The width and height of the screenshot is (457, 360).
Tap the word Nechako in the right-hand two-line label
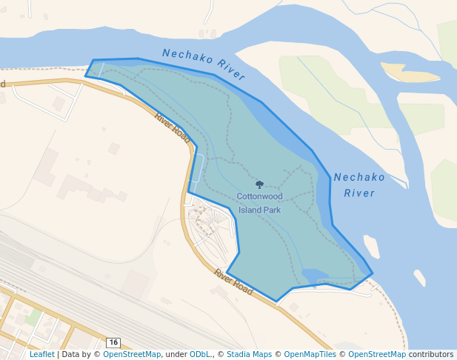(x=359, y=178)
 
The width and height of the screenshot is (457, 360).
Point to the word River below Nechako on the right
(x=359, y=193)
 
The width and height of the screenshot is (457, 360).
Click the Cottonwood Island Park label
(x=259, y=203)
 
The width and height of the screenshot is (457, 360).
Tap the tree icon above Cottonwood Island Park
(x=259, y=184)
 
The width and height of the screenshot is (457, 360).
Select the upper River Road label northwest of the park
(x=173, y=127)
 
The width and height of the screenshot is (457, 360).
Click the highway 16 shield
(x=113, y=342)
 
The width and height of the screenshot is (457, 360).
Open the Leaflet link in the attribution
(x=41, y=355)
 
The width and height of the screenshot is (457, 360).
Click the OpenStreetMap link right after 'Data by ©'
(x=132, y=355)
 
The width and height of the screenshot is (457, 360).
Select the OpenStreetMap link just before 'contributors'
(x=377, y=355)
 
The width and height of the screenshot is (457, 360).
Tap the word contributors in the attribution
(x=431, y=355)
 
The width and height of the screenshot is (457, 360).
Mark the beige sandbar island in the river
(x=410, y=73)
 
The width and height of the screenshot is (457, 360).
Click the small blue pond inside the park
(x=314, y=276)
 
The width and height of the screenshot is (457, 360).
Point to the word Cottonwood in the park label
(x=259, y=197)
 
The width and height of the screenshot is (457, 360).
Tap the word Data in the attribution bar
(x=71, y=355)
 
